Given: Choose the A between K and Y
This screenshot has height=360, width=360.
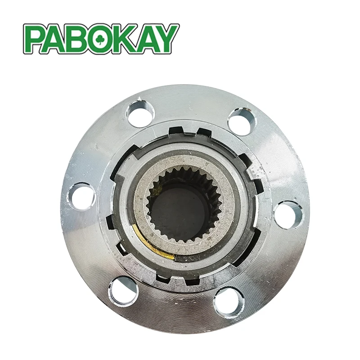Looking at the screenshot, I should click(x=145, y=39).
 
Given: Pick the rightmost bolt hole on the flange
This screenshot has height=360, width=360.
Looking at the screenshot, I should click(x=288, y=215).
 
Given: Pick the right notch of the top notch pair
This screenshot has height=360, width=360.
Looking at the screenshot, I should click(x=203, y=133).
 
